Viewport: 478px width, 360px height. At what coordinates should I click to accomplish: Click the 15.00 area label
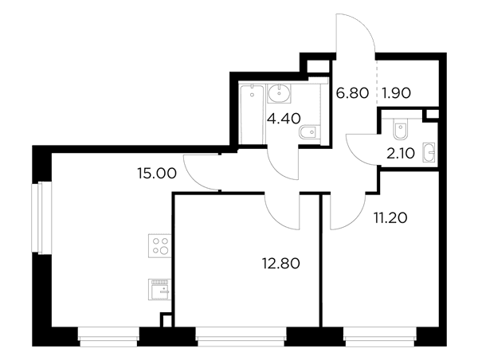coord(157,174)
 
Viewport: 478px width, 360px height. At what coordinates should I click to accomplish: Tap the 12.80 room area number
coord(281,264)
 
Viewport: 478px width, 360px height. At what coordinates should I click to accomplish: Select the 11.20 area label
coord(390,218)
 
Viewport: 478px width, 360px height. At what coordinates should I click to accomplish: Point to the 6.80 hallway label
coord(352,93)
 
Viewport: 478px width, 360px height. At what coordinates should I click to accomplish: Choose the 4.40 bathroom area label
coord(284,118)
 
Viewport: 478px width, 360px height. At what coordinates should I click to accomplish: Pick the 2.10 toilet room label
coord(401,154)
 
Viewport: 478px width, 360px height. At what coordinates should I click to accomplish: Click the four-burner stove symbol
coord(159,245)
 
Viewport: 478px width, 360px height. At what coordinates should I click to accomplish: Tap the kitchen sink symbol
coord(159,289)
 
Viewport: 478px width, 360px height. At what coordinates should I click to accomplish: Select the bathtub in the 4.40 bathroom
coord(252,115)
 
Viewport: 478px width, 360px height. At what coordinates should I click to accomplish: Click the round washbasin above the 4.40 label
coord(280,93)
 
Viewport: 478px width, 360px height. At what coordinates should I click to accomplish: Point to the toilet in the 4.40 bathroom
coord(309,132)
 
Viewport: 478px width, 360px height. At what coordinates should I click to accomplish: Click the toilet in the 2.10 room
coord(400,129)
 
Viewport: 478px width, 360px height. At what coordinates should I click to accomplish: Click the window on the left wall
coord(41,217)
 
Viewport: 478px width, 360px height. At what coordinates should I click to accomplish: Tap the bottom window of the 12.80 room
coord(241,337)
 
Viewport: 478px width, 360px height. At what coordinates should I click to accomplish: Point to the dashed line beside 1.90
coord(377,83)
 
